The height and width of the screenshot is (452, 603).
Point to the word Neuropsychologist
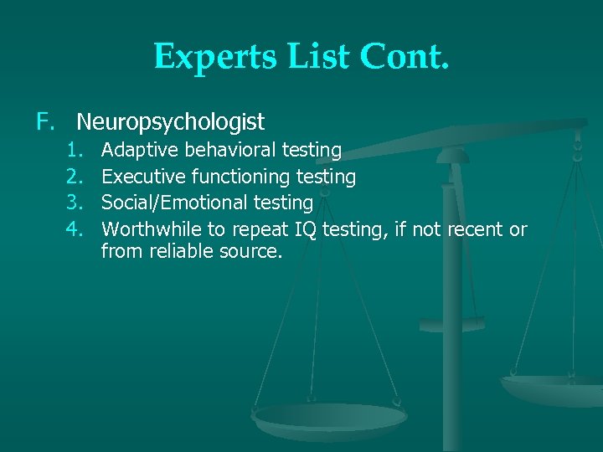click(170, 123)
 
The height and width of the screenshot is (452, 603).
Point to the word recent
click(475, 229)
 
